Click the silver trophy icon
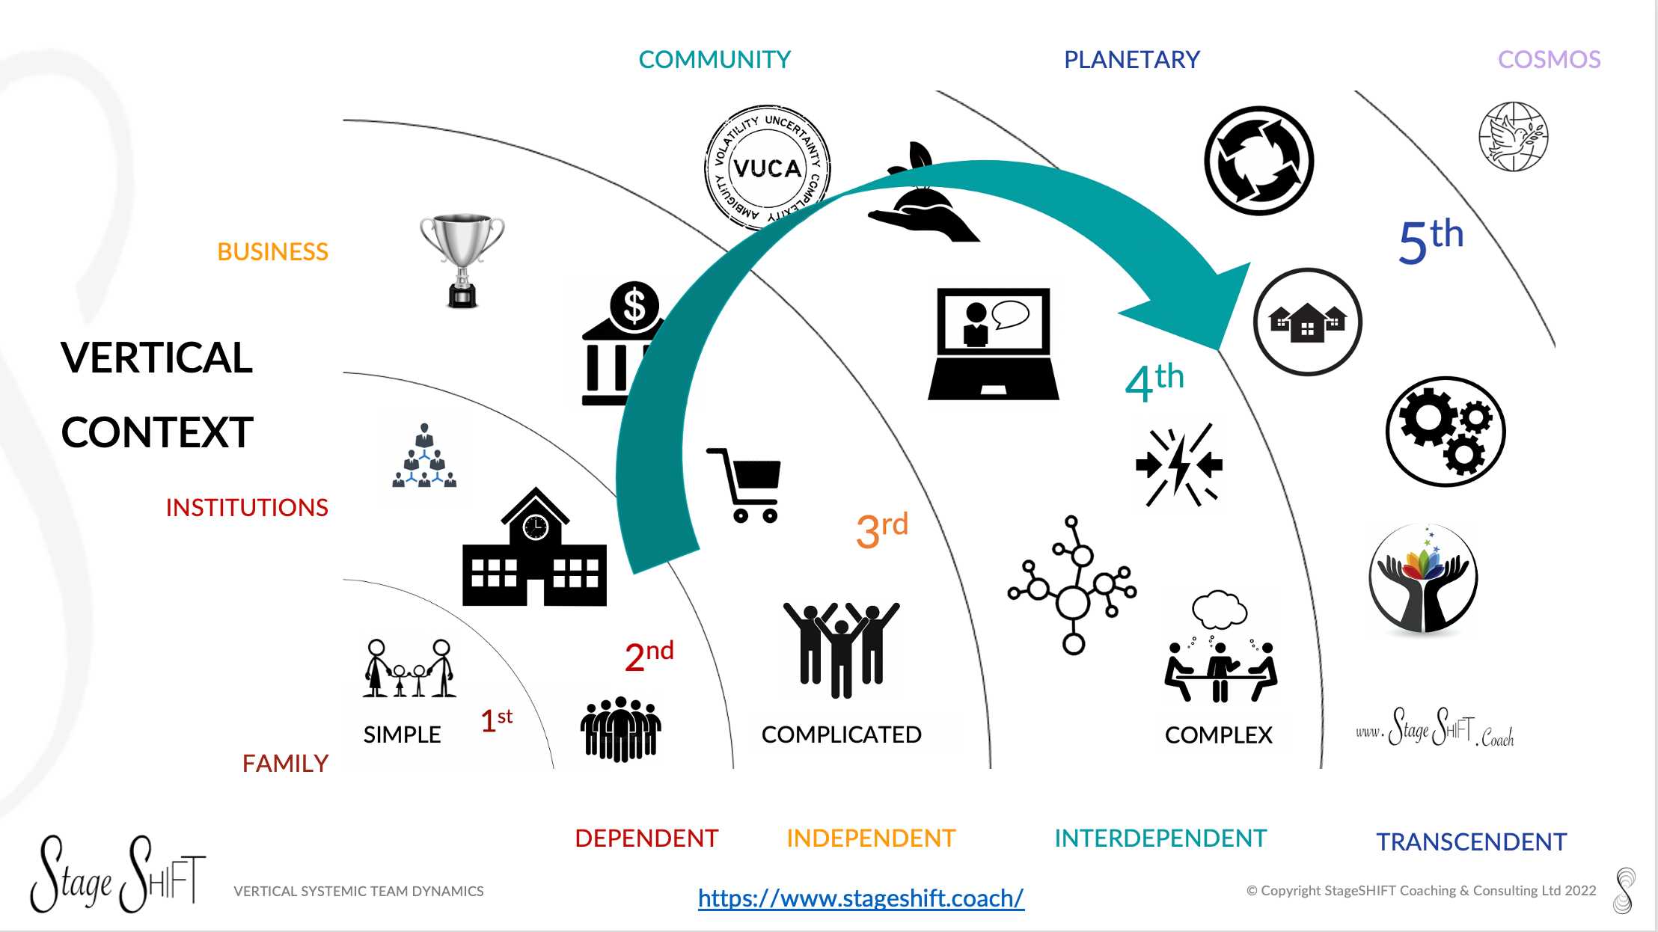pyautogui.click(x=462, y=258)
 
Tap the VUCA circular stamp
pyautogui.click(x=767, y=168)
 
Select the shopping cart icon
pyautogui.click(x=747, y=485)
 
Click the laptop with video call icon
pyautogui.click(x=994, y=343)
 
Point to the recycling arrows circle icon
pyautogui.click(x=1259, y=161)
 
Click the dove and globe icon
pyautogui.click(x=1514, y=137)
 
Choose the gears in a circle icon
pyautogui.click(x=1446, y=432)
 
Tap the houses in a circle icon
pyautogui.click(x=1307, y=322)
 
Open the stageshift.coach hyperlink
pyautogui.click(x=860, y=898)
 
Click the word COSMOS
pyautogui.click(x=1549, y=59)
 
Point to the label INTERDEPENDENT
pyautogui.click(x=1160, y=838)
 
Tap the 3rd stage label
pyautogui.click(x=881, y=530)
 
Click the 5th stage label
pyautogui.click(x=1430, y=241)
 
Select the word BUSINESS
pyautogui.click(x=272, y=251)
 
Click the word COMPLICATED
pyautogui.click(x=841, y=735)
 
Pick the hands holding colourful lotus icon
pyautogui.click(x=1423, y=578)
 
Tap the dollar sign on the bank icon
pyautogui.click(x=634, y=306)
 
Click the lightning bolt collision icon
pyautogui.click(x=1179, y=465)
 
